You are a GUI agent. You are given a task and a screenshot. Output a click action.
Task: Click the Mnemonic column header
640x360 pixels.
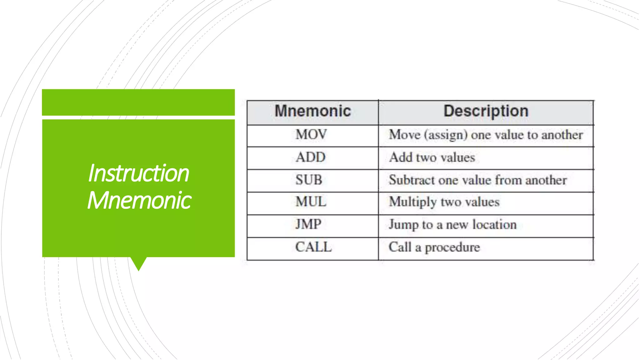[x=312, y=111]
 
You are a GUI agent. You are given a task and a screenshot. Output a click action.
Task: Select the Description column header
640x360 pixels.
[x=486, y=111]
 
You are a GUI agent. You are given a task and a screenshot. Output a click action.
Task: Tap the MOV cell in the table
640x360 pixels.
[x=311, y=135]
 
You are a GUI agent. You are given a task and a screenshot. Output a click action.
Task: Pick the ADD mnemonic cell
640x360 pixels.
[x=311, y=157]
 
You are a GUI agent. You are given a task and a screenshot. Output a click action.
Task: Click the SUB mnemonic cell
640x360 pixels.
[x=309, y=180]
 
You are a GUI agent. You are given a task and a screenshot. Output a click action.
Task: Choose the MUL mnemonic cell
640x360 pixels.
[x=311, y=202]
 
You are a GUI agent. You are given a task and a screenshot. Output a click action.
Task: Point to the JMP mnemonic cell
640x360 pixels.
[x=308, y=224]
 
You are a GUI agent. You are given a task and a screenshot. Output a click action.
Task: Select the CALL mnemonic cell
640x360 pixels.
[x=313, y=247]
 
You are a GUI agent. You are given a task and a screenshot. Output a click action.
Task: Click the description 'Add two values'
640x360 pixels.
[x=432, y=157]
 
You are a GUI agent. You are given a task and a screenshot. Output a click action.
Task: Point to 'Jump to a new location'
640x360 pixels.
[x=452, y=225]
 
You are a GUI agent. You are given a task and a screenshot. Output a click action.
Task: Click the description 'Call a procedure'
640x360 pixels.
[x=434, y=247]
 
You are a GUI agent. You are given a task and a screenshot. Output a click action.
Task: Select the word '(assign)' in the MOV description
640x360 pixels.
[x=446, y=135]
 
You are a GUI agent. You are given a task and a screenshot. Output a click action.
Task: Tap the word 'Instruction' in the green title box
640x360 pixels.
[x=138, y=173]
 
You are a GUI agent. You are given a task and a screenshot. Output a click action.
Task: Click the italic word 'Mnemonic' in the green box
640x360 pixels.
[x=139, y=200]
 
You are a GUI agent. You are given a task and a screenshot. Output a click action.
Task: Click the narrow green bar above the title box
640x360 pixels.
[x=138, y=102]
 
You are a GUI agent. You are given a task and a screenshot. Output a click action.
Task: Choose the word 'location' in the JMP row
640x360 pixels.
[x=494, y=225]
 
